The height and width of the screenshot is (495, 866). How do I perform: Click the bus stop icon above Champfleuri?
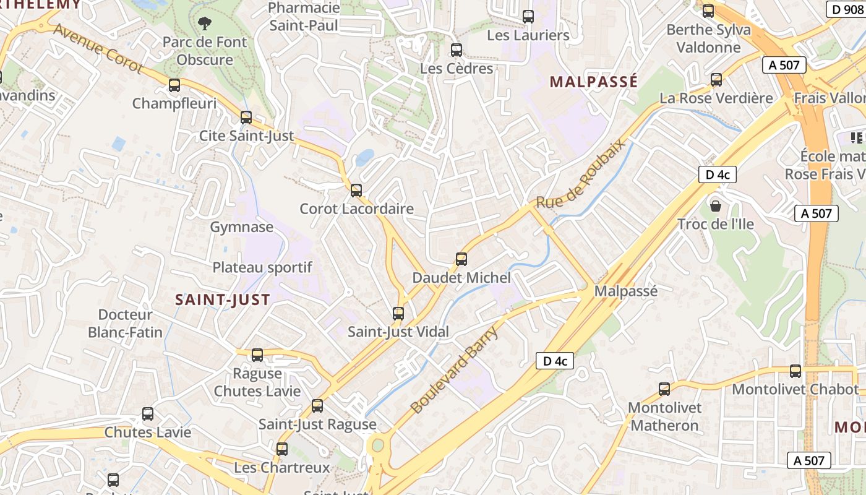tap(174, 85)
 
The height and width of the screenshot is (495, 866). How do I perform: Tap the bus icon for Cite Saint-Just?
tap(246, 118)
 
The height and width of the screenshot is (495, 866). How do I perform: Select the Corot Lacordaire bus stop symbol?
tap(356, 191)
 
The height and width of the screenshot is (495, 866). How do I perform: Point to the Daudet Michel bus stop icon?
tap(461, 259)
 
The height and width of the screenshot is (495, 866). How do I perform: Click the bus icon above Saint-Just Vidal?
tap(398, 314)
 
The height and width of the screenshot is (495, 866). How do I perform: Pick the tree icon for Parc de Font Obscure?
tap(204, 24)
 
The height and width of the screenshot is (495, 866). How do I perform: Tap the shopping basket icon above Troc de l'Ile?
tap(716, 205)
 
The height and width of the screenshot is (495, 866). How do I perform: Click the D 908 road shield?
tap(846, 9)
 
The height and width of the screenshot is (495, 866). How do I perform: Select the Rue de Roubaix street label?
tap(581, 173)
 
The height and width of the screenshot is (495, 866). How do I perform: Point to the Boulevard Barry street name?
tap(454, 371)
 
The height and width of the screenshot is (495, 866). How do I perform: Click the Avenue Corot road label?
tap(98, 49)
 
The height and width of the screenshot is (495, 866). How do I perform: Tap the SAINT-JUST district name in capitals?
tap(223, 300)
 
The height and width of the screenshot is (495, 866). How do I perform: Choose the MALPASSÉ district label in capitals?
tap(593, 82)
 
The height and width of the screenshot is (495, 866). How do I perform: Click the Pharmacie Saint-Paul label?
tap(304, 17)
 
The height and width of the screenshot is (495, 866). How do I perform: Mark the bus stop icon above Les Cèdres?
tap(457, 50)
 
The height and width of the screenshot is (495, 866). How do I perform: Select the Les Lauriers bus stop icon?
tap(528, 17)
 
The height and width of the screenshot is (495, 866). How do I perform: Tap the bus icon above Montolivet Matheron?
tap(664, 389)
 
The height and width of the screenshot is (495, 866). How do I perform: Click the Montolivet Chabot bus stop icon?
tap(795, 371)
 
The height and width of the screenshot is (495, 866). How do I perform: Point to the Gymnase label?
tap(242, 227)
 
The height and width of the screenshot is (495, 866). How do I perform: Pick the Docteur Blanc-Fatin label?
tap(125, 324)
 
